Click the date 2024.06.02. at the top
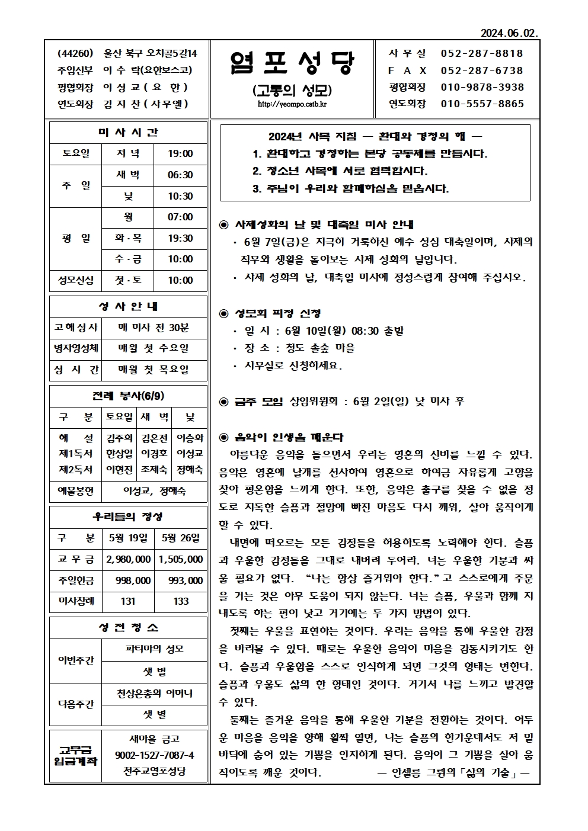click(509, 33)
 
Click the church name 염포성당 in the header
click(292, 63)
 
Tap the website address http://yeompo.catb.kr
click(292, 104)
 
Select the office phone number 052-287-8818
click(482, 53)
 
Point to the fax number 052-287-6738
click(482, 70)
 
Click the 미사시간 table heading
click(128, 132)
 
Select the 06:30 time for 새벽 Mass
click(180, 175)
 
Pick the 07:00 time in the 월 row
click(180, 217)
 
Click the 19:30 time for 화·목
click(180, 238)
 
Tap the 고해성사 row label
click(76, 328)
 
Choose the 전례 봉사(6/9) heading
click(128, 396)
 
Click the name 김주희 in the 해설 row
click(119, 438)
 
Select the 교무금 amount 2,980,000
click(128, 559)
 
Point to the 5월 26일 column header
click(180, 538)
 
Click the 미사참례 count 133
click(180, 601)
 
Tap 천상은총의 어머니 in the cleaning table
click(155, 694)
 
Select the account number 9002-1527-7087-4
click(155, 755)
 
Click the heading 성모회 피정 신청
click(278, 313)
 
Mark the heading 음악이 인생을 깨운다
click(289, 437)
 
